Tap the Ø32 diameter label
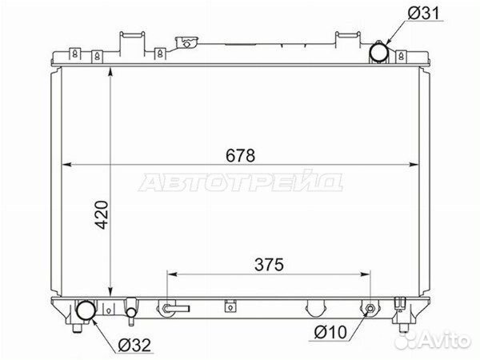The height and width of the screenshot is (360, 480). (134, 346)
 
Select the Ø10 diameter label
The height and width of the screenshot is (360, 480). (330, 332)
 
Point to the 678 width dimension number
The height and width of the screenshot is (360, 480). (240, 155)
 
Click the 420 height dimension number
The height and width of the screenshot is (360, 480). (102, 214)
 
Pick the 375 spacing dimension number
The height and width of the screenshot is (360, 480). (269, 265)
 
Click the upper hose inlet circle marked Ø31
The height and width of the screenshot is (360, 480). (379, 52)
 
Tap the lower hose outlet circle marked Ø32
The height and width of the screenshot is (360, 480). (86, 310)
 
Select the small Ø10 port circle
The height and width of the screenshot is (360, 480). (370, 308)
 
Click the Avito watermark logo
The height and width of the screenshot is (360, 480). (432, 339)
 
